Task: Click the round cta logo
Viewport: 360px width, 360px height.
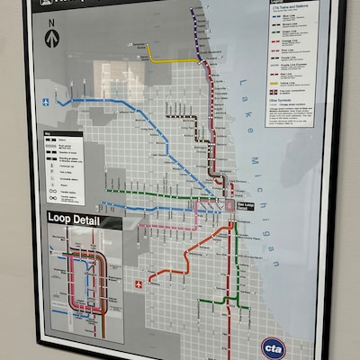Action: [x=274, y=346]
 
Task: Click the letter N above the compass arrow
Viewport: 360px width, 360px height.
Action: [x=51, y=23]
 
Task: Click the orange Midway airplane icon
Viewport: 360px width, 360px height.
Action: [x=139, y=284]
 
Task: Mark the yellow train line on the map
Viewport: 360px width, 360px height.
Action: [x=171, y=60]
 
